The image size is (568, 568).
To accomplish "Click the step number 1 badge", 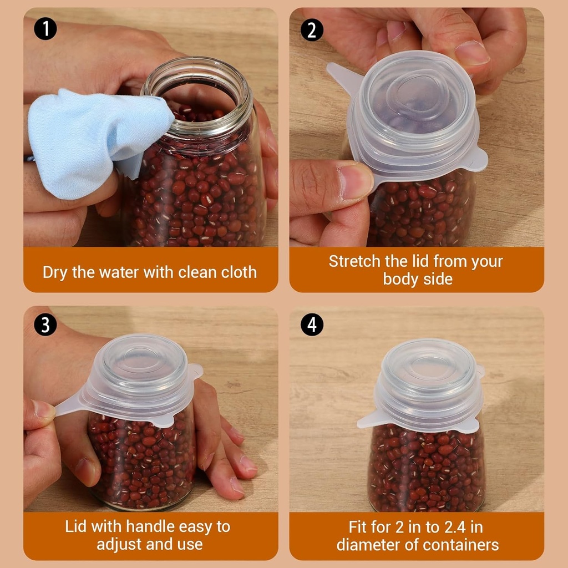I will tap(45, 28).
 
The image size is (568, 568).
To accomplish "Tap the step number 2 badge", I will tap(312, 29).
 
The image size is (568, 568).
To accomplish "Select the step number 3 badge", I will tap(45, 324).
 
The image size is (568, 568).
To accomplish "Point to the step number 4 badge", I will tap(312, 324).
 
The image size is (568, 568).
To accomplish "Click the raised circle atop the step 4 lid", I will tap(428, 366).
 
